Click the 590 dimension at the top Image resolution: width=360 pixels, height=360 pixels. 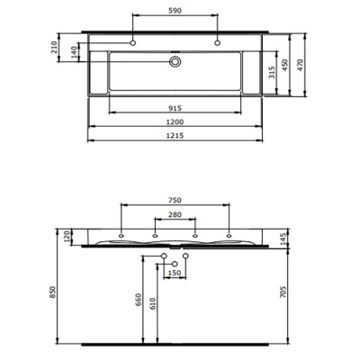pyautogui.click(x=175, y=11)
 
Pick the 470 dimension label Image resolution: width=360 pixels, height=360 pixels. pyautogui.click(x=306, y=64)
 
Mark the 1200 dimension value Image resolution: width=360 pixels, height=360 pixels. pyautogui.click(x=175, y=122)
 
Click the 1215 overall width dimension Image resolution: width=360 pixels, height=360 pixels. pyautogui.click(x=175, y=135)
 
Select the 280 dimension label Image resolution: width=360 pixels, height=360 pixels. pyautogui.click(x=175, y=216)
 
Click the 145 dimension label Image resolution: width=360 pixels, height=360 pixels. pyautogui.click(x=284, y=238)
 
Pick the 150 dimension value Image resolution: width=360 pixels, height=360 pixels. pyautogui.click(x=175, y=273)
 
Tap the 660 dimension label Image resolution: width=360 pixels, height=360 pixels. pyautogui.click(x=138, y=301)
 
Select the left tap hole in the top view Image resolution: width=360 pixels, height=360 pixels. pyautogui.click(x=132, y=43)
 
